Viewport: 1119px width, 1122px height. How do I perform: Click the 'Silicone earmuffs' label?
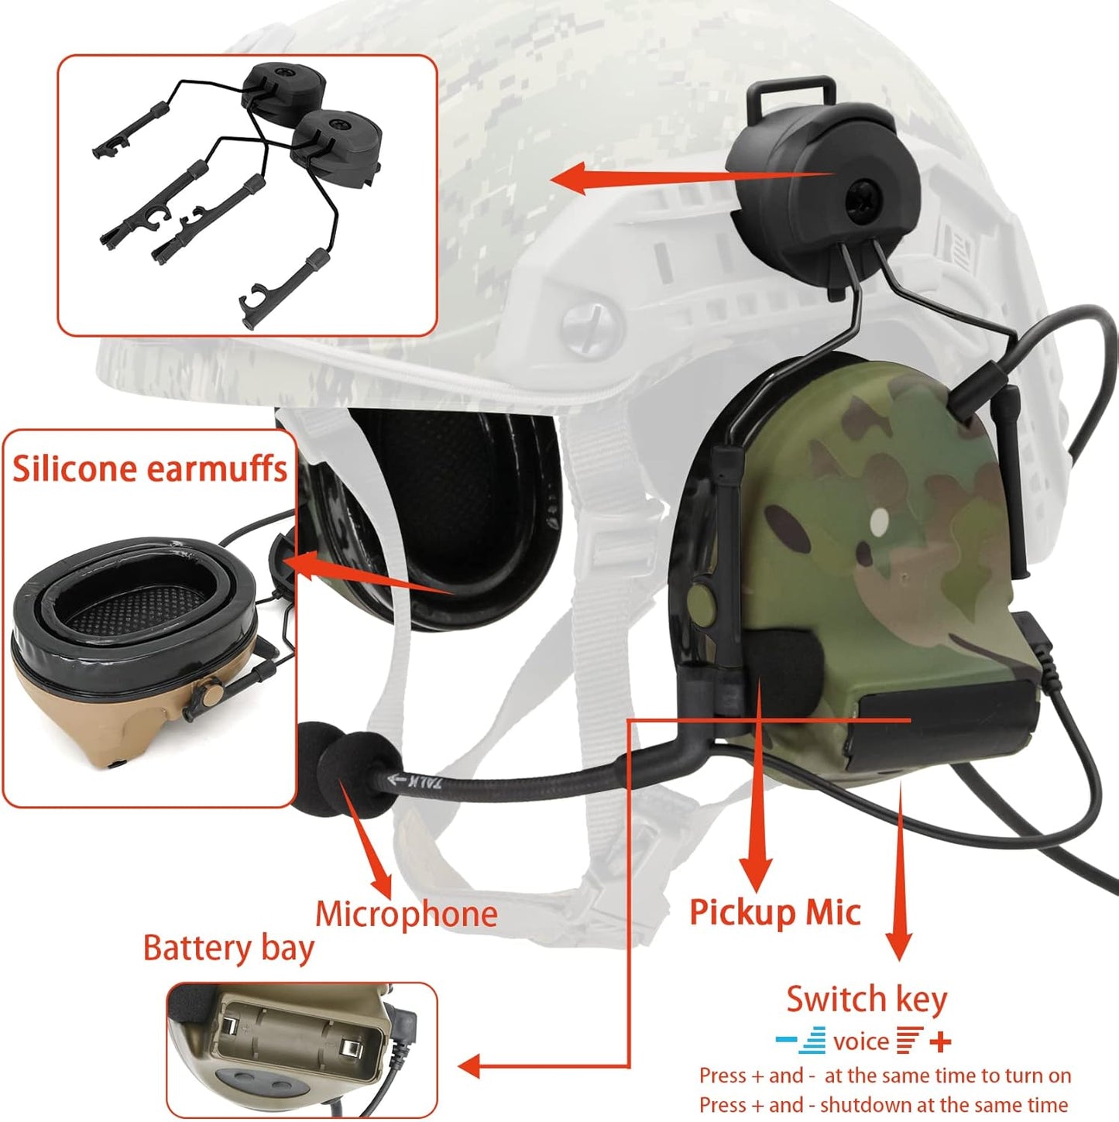coord(149,469)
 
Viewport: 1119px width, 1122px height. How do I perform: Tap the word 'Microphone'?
coord(406,914)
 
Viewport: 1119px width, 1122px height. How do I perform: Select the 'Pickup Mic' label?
coord(774,912)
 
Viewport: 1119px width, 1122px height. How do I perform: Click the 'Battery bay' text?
coord(228,949)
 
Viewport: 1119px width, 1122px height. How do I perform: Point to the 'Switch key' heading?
coord(867,999)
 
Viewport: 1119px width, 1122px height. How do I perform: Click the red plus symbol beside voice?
coord(940,1041)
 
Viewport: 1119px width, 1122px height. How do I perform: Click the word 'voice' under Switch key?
coord(861,1042)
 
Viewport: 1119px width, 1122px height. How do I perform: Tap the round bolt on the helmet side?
coord(591,320)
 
